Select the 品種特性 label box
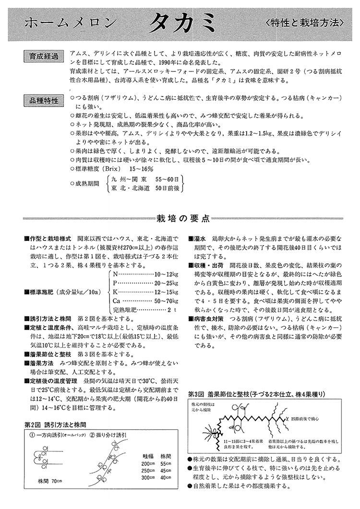coord(44,101)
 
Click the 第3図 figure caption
coord(256,394)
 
